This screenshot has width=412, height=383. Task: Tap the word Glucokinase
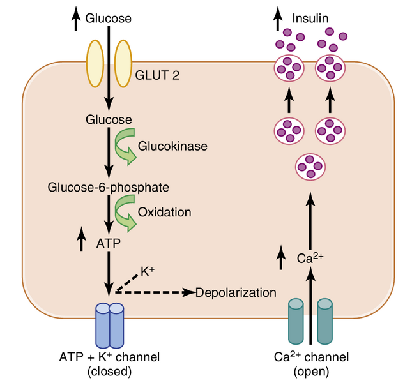click(x=172, y=146)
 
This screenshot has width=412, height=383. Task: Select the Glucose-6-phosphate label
click(x=109, y=187)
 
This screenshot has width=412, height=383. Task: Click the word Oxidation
click(x=164, y=211)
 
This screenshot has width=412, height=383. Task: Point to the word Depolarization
click(x=236, y=292)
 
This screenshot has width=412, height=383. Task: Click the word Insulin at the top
click(x=310, y=19)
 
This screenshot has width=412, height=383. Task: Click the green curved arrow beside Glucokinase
click(x=124, y=146)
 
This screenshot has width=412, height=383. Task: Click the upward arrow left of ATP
click(x=81, y=239)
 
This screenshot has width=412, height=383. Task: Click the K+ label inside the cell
click(x=148, y=271)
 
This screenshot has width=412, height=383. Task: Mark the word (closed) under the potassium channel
click(x=109, y=371)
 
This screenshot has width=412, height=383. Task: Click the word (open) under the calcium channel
click(x=311, y=371)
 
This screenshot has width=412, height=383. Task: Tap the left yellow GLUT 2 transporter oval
click(x=95, y=64)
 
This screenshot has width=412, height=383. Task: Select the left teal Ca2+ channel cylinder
click(x=297, y=322)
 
